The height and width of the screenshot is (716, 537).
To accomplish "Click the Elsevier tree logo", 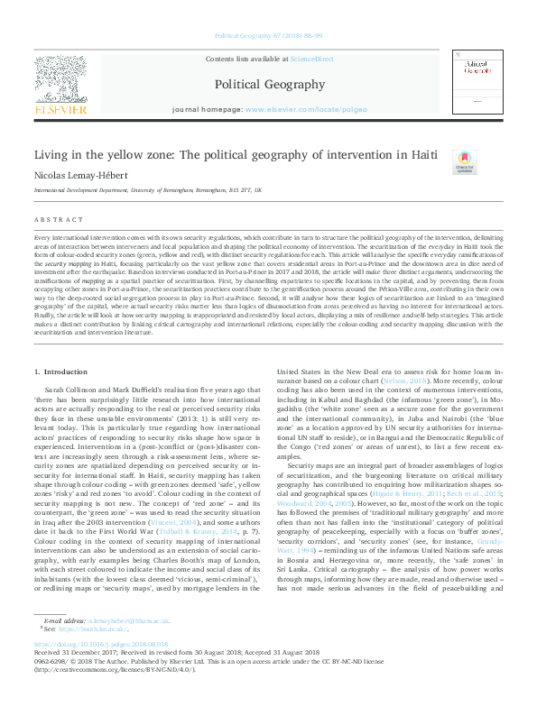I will tap(61, 78).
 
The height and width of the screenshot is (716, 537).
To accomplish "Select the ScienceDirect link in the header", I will tap(312, 59).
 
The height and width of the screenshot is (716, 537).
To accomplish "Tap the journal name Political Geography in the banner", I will tap(268, 84).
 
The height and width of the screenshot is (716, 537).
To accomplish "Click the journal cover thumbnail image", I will tap(477, 83).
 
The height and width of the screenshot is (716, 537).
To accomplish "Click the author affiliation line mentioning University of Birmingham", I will tap(148, 191).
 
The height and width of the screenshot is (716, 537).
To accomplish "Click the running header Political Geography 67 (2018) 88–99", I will tap(268, 37).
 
